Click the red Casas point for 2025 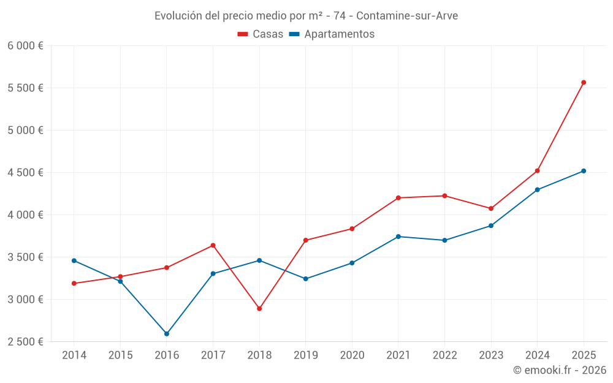click(x=584, y=82)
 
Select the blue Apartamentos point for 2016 click(x=167, y=334)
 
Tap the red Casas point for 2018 click(x=259, y=309)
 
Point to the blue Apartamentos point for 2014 click(x=74, y=260)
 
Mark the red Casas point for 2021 click(x=398, y=198)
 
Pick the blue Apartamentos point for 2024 click(x=538, y=190)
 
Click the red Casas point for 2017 click(x=213, y=245)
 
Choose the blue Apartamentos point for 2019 click(x=306, y=279)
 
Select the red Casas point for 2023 click(x=491, y=208)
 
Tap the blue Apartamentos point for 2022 click(x=444, y=240)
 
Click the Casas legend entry click(x=261, y=34)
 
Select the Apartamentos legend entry click(x=332, y=34)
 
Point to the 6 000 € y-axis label click(x=25, y=46)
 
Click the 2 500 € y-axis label click(x=25, y=342)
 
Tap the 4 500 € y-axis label click(x=25, y=173)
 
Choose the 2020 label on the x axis click(x=352, y=355)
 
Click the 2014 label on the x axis click(x=74, y=355)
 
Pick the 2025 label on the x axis click(x=584, y=355)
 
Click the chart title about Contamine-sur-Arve click(x=306, y=16)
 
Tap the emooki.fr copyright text click(x=560, y=370)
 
